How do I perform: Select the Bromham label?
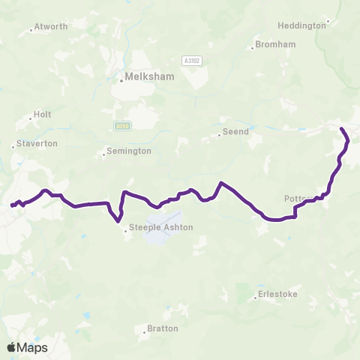275,44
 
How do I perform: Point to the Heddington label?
301,25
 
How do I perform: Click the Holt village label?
42,115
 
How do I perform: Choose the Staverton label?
37,143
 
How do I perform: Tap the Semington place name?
129,151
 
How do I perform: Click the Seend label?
234,132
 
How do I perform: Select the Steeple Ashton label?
161,227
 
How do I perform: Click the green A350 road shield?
122,126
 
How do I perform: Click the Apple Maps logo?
27,347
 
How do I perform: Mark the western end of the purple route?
12,205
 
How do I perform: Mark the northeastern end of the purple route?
343,130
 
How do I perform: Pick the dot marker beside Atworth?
31,30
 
